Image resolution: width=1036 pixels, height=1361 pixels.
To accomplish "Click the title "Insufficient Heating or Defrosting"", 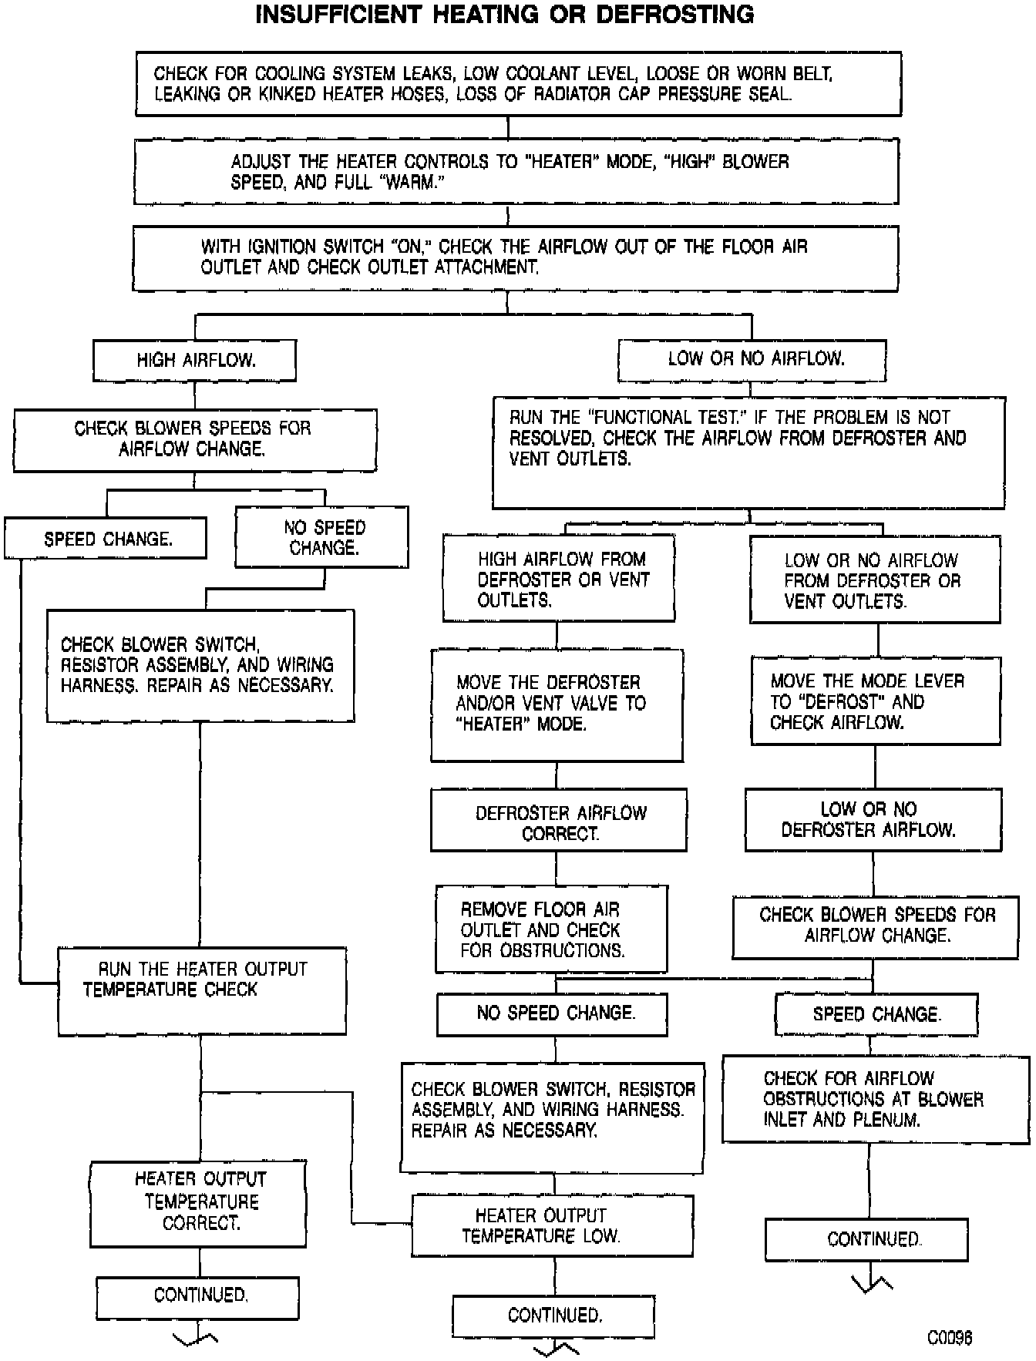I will point(505,15).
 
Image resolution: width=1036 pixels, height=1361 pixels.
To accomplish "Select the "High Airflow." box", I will point(194,361).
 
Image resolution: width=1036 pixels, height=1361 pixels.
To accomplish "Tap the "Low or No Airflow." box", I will point(752,359).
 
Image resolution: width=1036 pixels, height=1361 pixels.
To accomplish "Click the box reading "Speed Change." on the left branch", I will point(106,539).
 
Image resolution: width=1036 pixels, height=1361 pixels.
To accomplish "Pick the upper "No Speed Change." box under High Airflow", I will point(322,537).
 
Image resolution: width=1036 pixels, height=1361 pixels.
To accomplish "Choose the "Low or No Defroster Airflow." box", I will point(873,820).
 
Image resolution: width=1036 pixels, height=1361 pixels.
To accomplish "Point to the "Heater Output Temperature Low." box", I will point(553,1225).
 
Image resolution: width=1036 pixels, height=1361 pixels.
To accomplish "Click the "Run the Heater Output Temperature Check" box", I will point(202,990).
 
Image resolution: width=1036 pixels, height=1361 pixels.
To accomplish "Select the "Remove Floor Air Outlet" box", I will point(551,929).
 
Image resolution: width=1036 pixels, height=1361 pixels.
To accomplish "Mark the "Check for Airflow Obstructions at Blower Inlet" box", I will point(876,1099).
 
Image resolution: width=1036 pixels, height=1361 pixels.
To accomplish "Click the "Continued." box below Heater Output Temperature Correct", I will point(198,1299).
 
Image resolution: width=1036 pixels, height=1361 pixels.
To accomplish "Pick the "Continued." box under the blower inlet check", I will point(866,1239).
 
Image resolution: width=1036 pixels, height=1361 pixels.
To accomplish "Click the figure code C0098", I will point(949,1337).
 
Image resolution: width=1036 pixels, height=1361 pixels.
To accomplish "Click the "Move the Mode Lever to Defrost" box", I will point(876,701).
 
